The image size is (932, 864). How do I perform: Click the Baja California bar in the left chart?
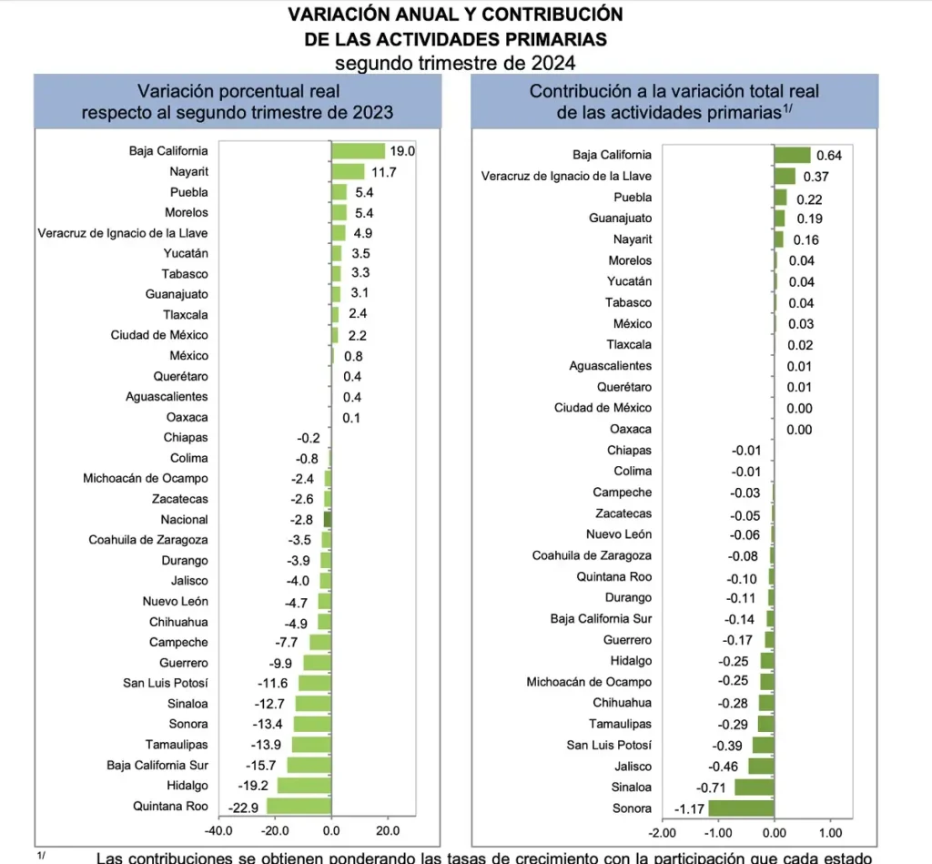pos(358,151)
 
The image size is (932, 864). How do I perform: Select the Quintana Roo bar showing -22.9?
pos(299,806)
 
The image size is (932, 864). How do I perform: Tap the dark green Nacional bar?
pos(328,519)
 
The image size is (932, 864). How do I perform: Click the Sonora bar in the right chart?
pos(741,808)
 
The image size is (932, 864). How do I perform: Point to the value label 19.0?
pos(403,151)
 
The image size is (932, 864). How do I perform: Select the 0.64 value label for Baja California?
pos(829,156)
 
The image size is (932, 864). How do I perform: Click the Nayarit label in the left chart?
pos(188,171)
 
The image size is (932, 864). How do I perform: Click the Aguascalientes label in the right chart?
pos(611,366)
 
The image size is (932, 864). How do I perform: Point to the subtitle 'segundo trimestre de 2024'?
pos(455,62)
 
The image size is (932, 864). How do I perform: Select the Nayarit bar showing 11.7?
pos(348,171)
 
